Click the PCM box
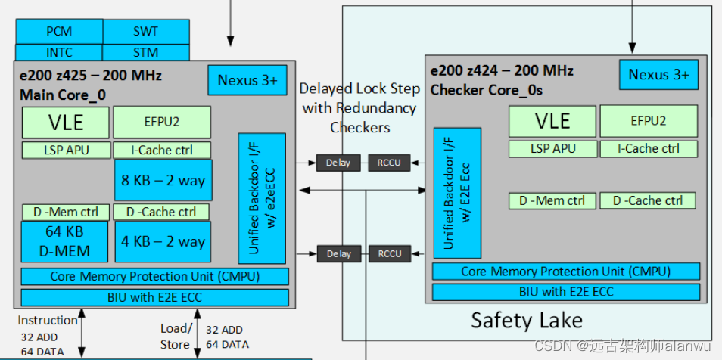point(59,32)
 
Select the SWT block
point(145,32)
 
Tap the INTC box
point(59,53)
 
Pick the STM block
point(145,53)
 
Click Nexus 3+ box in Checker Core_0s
point(658,75)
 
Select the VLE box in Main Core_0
point(65,123)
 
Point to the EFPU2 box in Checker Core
point(648,121)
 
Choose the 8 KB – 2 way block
point(163,180)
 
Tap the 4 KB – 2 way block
point(163,241)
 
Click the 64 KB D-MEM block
point(66,241)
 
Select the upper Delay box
point(338,163)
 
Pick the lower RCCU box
point(390,254)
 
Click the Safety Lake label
point(527,321)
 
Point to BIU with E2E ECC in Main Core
point(154,297)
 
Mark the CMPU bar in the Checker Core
point(566,272)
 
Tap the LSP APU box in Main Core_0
point(66,150)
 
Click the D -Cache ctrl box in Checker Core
point(648,200)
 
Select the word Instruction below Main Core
point(48,320)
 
